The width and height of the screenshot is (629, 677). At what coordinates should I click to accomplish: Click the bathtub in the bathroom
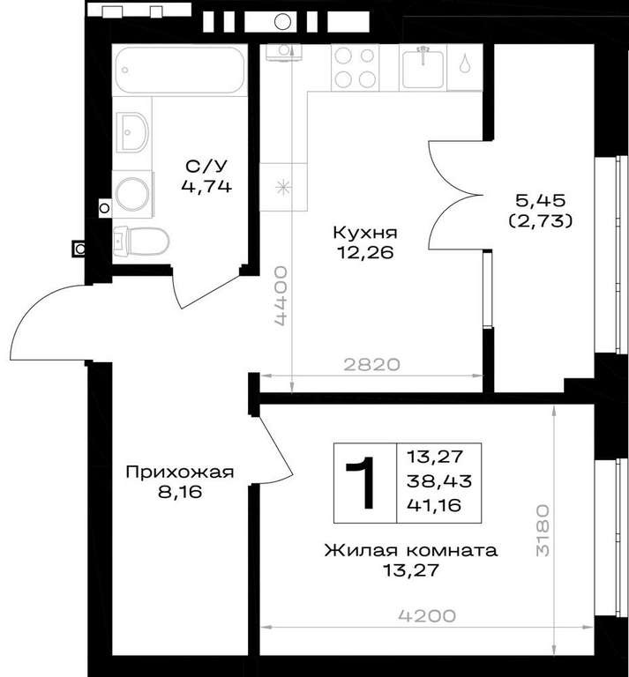pyautogui.click(x=180, y=70)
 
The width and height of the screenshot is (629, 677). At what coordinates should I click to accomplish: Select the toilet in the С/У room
pyautogui.click(x=141, y=241)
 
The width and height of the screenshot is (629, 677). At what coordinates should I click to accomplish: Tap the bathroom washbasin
pyautogui.click(x=133, y=132)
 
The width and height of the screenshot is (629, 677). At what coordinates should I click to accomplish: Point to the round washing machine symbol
pyautogui.click(x=132, y=194)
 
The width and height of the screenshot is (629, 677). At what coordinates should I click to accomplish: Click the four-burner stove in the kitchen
pyautogui.click(x=355, y=67)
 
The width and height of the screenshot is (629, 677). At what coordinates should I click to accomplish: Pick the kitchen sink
pyautogui.click(x=423, y=68)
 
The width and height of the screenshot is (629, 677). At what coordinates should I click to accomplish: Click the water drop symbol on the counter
pyautogui.click(x=465, y=63)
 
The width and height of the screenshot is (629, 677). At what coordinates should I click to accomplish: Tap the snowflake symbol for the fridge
pyautogui.click(x=283, y=187)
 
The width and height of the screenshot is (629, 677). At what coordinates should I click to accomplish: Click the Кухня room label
pyautogui.click(x=365, y=233)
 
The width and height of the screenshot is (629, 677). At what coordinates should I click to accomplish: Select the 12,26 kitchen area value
pyautogui.click(x=365, y=253)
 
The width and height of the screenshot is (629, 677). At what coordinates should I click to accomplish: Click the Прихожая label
pyautogui.click(x=180, y=472)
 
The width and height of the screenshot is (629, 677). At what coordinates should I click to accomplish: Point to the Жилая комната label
pyautogui.click(x=411, y=551)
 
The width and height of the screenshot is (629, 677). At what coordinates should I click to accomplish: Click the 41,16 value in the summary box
pyautogui.click(x=434, y=505)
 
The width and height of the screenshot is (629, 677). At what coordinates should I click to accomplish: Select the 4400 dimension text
pyautogui.click(x=281, y=296)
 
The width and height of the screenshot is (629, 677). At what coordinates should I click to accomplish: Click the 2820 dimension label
pyautogui.click(x=372, y=365)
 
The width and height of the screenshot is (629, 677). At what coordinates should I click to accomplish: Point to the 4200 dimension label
pyautogui.click(x=427, y=616)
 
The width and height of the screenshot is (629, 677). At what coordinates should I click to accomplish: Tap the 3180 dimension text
pyautogui.click(x=543, y=530)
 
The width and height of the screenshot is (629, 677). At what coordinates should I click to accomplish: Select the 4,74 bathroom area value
pyautogui.click(x=206, y=187)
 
